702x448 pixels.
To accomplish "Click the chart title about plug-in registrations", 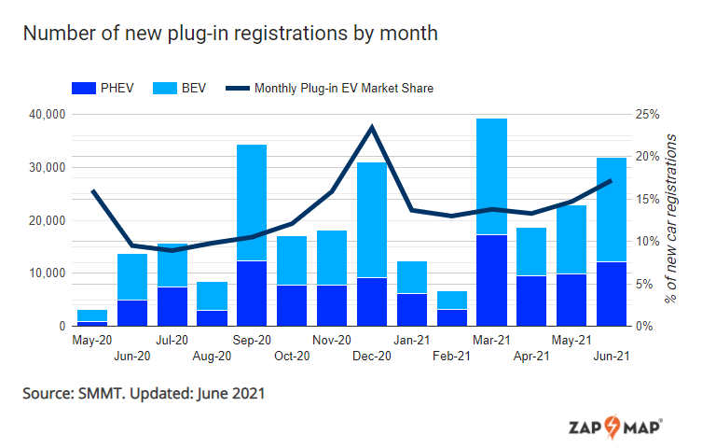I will pos(229,35).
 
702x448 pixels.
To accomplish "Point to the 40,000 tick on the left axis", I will pos(46,115).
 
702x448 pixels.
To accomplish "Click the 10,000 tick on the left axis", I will pos(46,273).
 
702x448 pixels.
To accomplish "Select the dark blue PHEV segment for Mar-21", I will pos(491,281).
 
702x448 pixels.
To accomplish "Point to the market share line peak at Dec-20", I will pos(372,127).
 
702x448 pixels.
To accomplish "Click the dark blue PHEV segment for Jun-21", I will pos(612,294).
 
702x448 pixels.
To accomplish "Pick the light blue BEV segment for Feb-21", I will pos(452,300).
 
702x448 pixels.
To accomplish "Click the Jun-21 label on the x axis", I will pos(612,356).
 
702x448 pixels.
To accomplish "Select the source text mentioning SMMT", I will pos(144,394).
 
